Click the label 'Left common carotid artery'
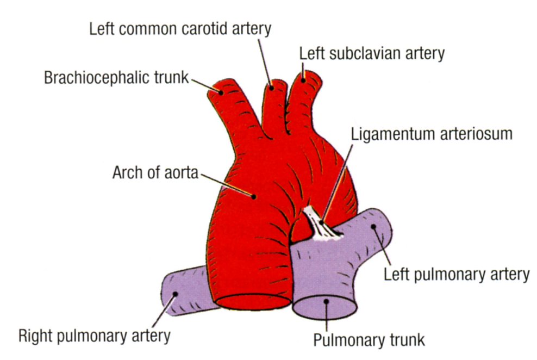click(180, 29)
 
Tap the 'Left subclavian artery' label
click(372, 53)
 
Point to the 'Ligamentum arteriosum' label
click(432, 134)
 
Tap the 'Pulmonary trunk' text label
click(369, 340)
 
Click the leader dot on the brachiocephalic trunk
click(222, 92)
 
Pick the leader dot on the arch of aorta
click(254, 195)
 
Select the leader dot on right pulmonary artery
click(176, 294)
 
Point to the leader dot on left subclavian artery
click(302, 79)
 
